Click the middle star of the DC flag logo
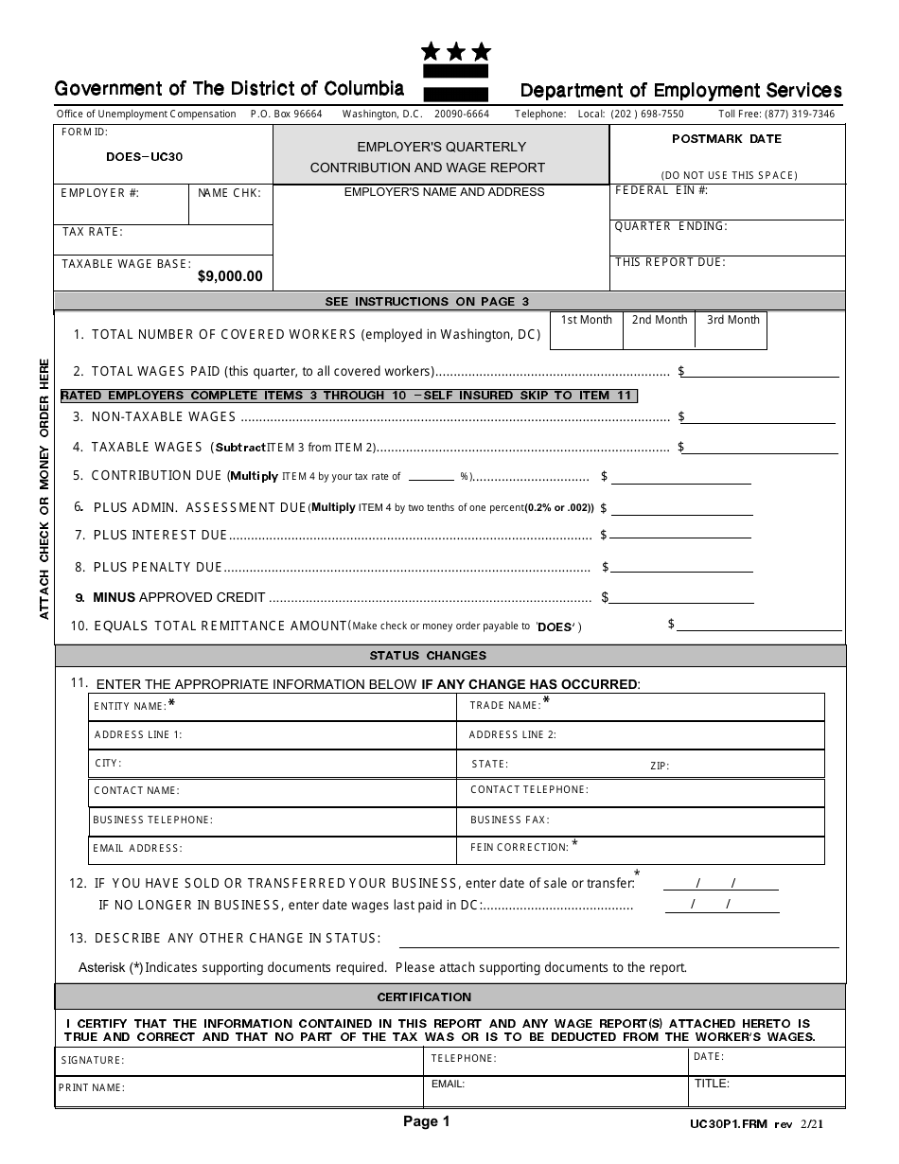click(456, 51)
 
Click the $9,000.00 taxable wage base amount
click(230, 277)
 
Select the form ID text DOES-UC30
click(145, 156)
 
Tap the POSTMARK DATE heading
click(727, 139)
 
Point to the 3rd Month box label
click(733, 320)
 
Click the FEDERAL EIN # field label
click(661, 190)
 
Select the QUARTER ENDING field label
click(671, 226)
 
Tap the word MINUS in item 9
click(114, 597)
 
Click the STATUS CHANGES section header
click(428, 655)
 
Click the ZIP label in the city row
click(660, 767)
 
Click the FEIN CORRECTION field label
click(520, 848)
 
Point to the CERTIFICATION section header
click(424, 996)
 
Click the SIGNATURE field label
click(93, 1061)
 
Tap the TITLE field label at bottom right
click(712, 1085)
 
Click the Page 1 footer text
click(427, 1122)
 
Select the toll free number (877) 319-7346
click(776, 114)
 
